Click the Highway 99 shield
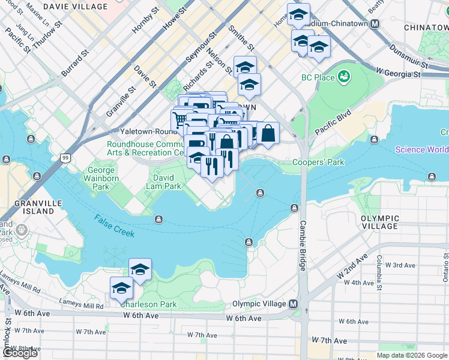point(65,158)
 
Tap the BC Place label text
point(318,77)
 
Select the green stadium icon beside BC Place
point(344,77)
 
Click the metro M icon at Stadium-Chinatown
point(375,24)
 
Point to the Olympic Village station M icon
point(294,304)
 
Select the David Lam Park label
point(163,182)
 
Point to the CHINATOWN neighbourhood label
point(426,28)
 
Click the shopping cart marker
point(179,118)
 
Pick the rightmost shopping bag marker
point(268,133)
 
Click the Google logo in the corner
point(20,353)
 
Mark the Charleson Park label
point(148,304)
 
